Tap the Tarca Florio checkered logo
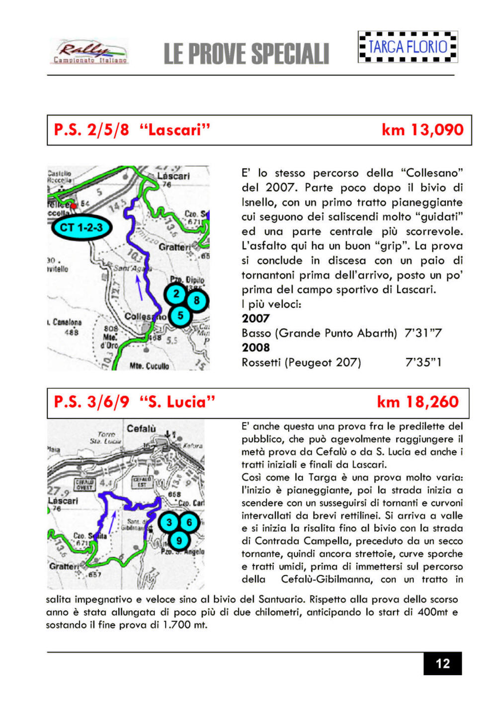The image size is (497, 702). coord(408,47)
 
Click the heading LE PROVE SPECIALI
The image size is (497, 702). coord(247,54)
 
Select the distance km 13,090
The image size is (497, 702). coord(422,130)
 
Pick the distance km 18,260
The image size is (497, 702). coord(417,402)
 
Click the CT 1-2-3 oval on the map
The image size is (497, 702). coord(82,228)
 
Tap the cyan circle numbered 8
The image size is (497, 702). coord(197,300)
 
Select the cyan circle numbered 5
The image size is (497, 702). coord(180,316)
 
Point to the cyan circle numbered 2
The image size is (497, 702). coord(176,294)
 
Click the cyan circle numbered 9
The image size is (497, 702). coord(179,541)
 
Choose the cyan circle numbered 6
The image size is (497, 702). coord(189,522)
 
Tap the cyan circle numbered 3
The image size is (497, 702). coord(169,522)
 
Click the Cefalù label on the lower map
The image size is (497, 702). coord(141,428)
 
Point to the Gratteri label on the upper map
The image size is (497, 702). coord(174,247)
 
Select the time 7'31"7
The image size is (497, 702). coord(423,333)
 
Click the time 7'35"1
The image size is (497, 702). coord(423,362)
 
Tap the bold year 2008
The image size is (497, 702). coord(255,348)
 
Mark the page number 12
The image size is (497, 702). coord(442,664)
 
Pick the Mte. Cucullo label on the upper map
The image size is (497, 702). coord(149,366)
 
